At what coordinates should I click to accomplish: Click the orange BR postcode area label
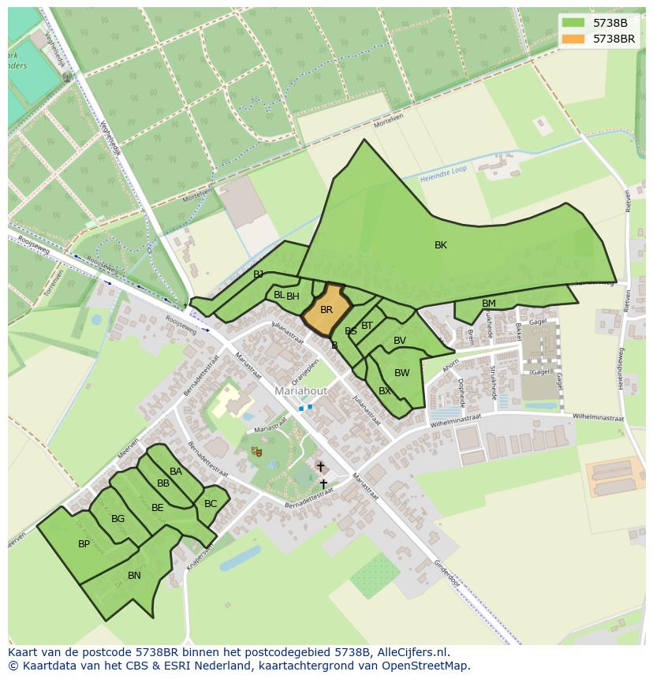tap(326, 310)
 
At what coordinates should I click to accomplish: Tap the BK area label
tap(441, 245)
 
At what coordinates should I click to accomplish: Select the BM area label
tap(489, 304)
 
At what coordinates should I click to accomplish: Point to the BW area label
tap(402, 373)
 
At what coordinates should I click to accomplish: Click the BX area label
tap(385, 390)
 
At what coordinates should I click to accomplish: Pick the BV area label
tap(400, 341)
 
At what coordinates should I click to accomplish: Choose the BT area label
tap(368, 325)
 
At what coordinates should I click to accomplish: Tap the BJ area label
tap(259, 274)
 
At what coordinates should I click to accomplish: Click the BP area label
tap(84, 544)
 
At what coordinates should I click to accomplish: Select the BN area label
tap(134, 576)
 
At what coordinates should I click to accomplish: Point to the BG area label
tap(118, 519)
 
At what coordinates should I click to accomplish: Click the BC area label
tap(211, 504)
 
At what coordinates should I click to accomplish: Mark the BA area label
tap(176, 472)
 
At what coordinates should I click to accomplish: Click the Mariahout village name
tap(300, 390)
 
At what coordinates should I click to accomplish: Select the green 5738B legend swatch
tap(573, 23)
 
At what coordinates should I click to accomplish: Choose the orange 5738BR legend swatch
tap(573, 38)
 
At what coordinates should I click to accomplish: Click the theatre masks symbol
tap(256, 451)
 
